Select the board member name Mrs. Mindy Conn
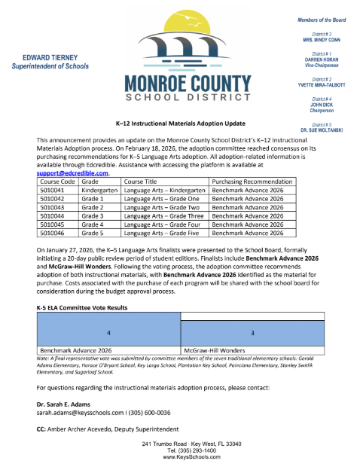tap(325, 39)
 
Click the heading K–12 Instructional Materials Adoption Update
tap(179, 122)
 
